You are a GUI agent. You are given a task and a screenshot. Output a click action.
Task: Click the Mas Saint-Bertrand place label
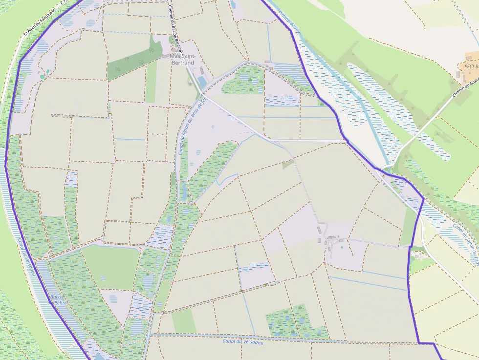click(x=182, y=59)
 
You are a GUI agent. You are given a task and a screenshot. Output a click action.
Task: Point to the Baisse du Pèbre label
click(x=57, y=299)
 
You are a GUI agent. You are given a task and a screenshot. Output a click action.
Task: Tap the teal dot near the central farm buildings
click(x=342, y=247)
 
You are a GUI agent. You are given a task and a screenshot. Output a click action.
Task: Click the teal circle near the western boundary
click(x=43, y=77)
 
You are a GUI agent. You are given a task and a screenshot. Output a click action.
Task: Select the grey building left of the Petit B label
click(x=458, y=75)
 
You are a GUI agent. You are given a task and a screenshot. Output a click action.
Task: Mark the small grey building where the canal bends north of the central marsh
click(x=267, y=62)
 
